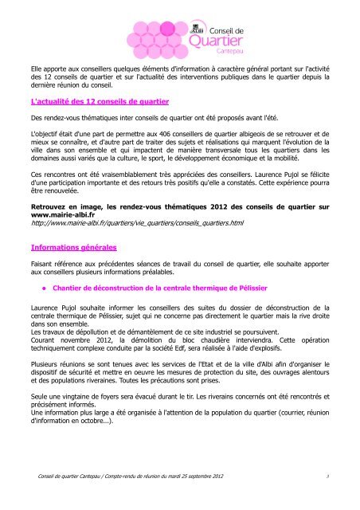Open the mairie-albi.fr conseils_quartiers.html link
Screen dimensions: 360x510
coord(131,227)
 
